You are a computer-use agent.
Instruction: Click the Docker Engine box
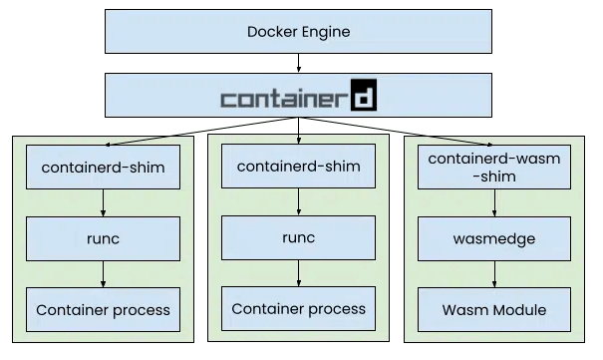click(x=298, y=32)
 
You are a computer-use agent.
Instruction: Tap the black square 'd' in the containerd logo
click(x=364, y=95)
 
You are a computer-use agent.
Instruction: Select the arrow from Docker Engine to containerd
click(x=298, y=63)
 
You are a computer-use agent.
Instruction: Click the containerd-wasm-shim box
click(x=494, y=167)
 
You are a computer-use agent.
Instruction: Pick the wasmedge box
click(x=494, y=239)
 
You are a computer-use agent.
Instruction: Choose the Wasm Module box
click(x=494, y=309)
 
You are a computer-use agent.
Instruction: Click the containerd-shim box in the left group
click(x=103, y=167)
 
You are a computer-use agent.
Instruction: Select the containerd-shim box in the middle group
click(x=298, y=167)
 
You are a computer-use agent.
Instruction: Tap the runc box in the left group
click(x=103, y=239)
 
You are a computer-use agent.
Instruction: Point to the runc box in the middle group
click(x=298, y=237)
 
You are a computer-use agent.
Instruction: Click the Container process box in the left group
click(x=103, y=309)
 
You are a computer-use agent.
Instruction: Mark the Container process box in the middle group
click(x=298, y=308)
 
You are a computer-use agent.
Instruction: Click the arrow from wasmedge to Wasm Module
click(x=494, y=274)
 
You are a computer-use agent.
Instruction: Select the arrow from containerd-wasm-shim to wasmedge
click(x=494, y=203)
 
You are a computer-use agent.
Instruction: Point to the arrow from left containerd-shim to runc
click(x=103, y=203)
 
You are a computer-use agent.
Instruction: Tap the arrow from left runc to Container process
click(x=103, y=274)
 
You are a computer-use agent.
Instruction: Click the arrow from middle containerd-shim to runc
click(x=298, y=201)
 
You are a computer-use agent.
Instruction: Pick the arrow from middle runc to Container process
click(x=298, y=273)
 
